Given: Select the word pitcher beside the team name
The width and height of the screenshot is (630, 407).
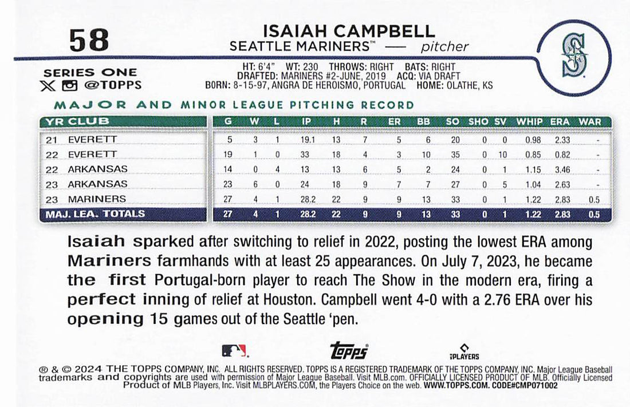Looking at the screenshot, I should coord(444,47).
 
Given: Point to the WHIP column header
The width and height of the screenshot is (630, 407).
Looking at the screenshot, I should coord(529,122).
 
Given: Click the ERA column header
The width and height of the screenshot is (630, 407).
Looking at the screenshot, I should coord(560,122).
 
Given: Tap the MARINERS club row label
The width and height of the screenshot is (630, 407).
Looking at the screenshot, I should coord(97,199).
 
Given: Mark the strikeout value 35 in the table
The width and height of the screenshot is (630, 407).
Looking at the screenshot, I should coord(455,155).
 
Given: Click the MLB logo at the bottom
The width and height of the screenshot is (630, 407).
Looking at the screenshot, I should coord(234,350).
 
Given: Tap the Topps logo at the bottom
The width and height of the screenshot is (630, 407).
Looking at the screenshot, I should coord(349,350).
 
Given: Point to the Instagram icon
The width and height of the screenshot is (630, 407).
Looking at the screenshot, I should coord(70,85).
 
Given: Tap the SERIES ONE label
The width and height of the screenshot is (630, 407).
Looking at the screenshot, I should coord(90,73).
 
